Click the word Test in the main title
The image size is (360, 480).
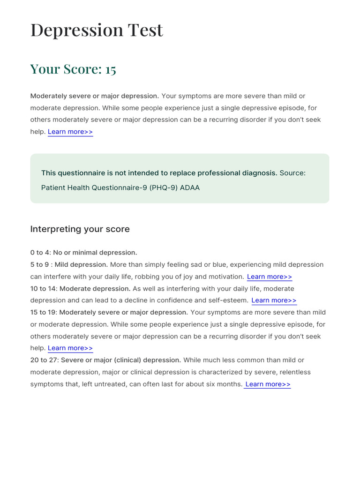(145, 30)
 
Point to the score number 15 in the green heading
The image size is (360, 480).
(111, 69)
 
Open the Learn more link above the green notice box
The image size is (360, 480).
(70, 132)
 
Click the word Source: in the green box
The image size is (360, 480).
(292, 173)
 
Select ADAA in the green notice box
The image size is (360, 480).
(190, 188)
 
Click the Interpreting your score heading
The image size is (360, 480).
(80, 229)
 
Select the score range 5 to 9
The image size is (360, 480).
(40, 265)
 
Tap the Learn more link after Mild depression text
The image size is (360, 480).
(270, 277)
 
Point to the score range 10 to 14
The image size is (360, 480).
(43, 289)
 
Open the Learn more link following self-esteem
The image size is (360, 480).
(274, 300)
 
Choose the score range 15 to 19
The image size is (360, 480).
(43, 313)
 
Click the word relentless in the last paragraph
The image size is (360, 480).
(295, 372)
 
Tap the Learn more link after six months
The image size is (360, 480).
(268, 384)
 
